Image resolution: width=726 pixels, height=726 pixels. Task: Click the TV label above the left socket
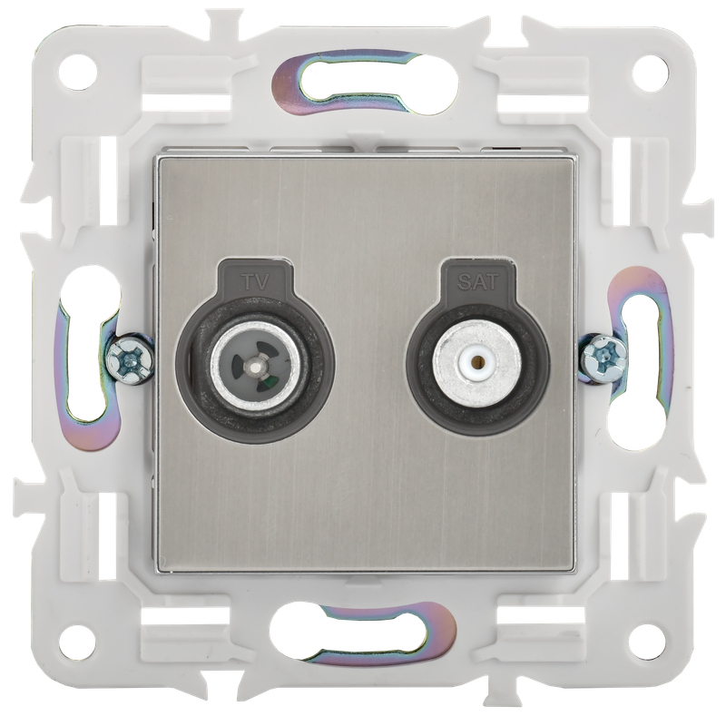click(256, 281)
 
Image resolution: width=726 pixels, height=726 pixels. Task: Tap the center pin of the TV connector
click(253, 368)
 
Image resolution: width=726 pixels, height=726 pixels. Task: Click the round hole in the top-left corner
click(80, 73)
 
